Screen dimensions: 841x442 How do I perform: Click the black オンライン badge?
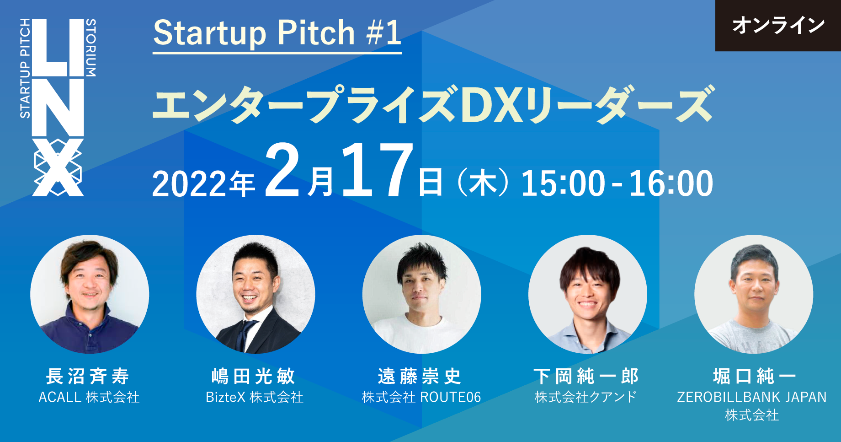[x=778, y=25]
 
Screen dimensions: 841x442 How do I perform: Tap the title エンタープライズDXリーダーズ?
[x=433, y=105]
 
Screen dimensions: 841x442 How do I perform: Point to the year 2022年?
[x=203, y=184]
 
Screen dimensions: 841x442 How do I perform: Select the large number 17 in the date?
[x=377, y=170]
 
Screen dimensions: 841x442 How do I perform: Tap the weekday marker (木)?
[x=483, y=183]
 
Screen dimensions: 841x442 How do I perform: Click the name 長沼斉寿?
[x=88, y=377]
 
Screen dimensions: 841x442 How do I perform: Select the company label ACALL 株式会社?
[x=89, y=397]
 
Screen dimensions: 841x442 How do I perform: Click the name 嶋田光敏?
[x=254, y=377]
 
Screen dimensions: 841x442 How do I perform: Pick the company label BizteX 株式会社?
[x=255, y=397]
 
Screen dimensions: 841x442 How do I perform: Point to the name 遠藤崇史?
[x=420, y=377]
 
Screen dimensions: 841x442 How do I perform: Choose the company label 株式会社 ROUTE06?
[x=421, y=397]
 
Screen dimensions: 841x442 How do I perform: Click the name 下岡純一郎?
[x=586, y=377]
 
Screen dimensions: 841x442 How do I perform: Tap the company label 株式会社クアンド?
[x=586, y=397]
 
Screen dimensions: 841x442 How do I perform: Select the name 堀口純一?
[x=755, y=377]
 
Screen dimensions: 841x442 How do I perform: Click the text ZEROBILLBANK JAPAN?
[x=752, y=397]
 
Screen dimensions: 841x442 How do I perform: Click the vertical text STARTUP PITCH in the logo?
[x=25, y=69]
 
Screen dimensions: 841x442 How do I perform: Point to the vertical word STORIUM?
[x=91, y=48]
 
